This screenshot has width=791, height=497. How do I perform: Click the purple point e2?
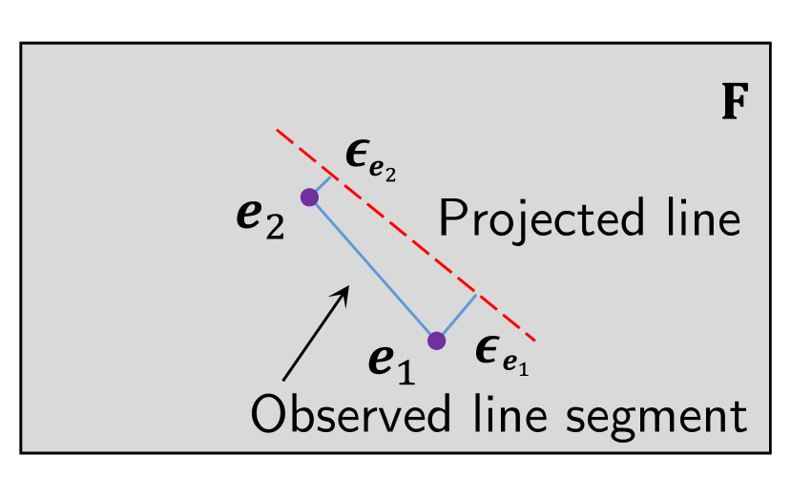[309, 197]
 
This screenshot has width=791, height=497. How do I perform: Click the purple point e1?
[436, 341]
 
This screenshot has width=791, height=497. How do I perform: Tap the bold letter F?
[733, 103]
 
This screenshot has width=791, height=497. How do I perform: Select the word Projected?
[543, 221]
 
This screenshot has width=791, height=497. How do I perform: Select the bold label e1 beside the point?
[391, 362]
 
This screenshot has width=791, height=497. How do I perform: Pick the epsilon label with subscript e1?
[501, 355]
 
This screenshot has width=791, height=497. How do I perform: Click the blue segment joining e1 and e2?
[372, 269]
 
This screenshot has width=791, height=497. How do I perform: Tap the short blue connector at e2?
[321, 186]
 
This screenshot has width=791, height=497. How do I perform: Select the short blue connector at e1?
[457, 318]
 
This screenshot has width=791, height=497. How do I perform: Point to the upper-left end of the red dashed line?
[277, 130]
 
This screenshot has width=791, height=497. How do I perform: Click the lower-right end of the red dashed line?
[535, 340]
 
